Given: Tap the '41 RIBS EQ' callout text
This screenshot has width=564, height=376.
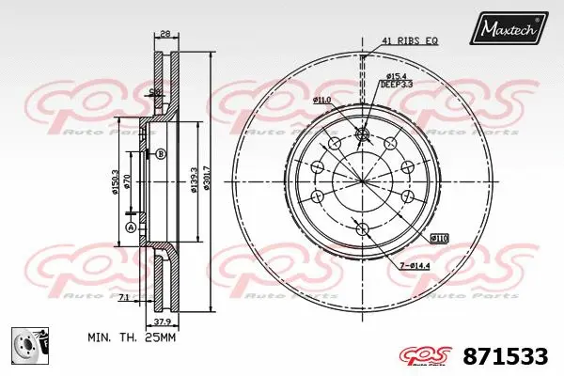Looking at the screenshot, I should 409,40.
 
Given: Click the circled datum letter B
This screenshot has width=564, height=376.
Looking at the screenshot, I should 161,153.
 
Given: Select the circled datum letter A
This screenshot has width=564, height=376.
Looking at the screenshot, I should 131,227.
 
